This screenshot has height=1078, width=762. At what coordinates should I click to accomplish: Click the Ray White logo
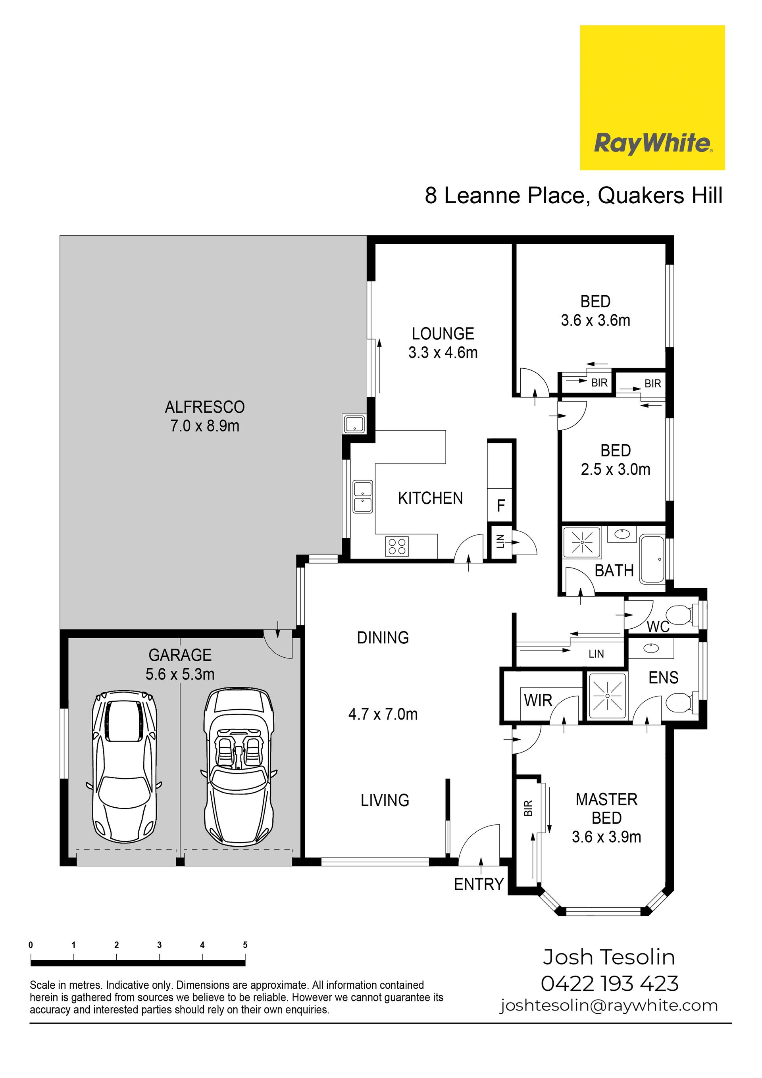[652, 98]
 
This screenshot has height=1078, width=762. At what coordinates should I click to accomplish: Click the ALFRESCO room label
[205, 406]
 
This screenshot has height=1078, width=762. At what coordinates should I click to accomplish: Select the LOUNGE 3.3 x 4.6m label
[443, 343]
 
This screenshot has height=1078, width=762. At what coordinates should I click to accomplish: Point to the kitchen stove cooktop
[397, 546]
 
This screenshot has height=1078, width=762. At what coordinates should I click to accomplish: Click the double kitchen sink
[363, 497]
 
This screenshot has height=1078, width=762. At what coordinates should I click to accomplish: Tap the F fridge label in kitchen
[501, 506]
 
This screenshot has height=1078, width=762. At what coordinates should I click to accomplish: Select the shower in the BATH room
[582, 542]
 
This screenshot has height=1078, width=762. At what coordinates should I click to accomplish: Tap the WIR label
[538, 701]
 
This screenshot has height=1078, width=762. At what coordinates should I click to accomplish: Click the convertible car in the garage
[239, 768]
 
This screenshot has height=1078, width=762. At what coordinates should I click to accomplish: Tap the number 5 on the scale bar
[245, 945]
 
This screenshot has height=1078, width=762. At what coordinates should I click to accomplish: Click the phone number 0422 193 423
[610, 984]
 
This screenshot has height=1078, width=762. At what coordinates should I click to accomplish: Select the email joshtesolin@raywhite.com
[609, 1005]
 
